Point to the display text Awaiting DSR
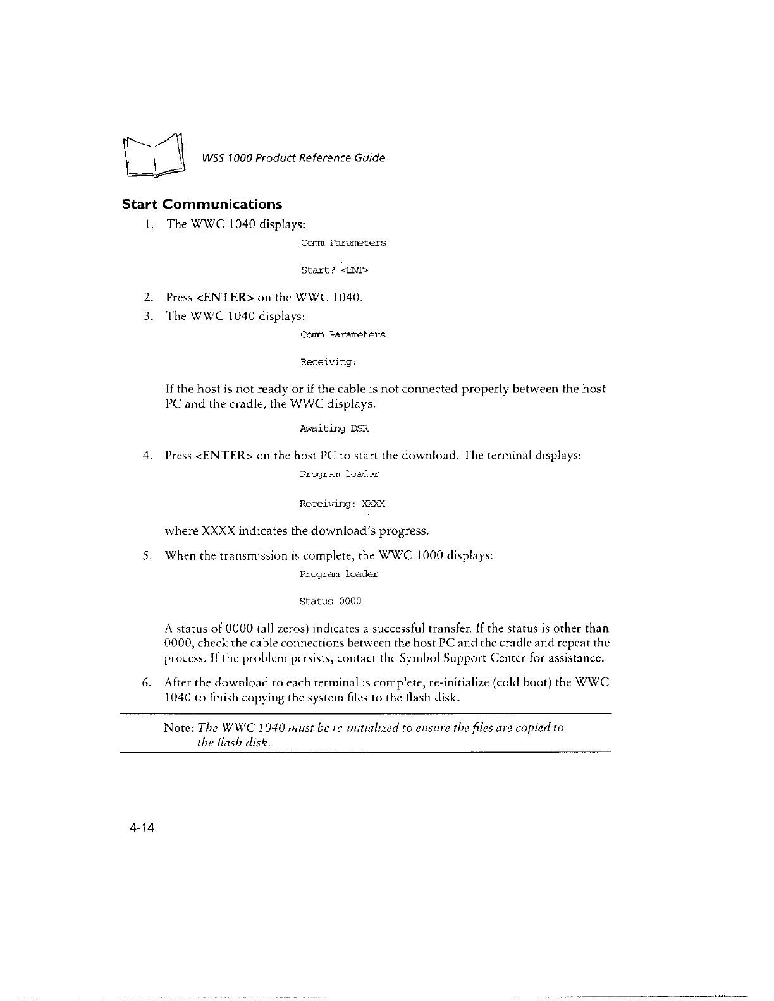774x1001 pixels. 334,428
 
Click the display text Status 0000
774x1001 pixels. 330,601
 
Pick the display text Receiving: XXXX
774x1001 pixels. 342,504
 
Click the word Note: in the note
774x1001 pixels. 179,727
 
